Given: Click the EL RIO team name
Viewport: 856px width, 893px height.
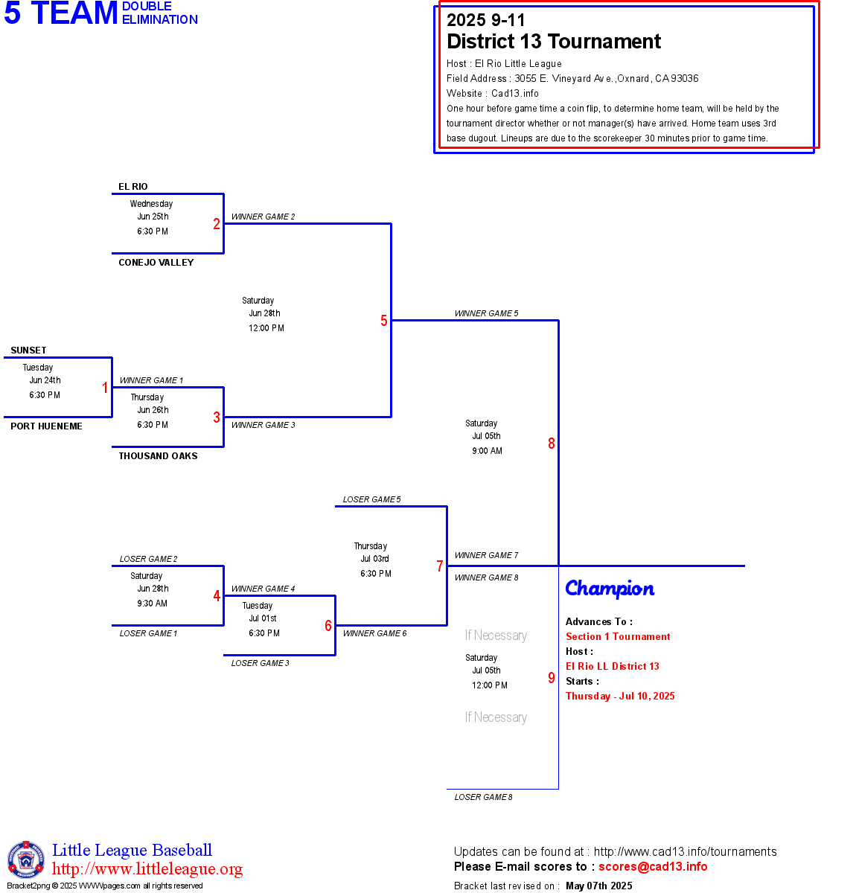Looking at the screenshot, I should click(133, 187).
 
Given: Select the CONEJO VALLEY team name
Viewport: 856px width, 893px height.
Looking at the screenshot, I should click(156, 263).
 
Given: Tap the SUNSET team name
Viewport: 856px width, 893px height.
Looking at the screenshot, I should click(28, 351).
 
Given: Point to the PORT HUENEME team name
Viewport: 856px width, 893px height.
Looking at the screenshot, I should click(46, 426).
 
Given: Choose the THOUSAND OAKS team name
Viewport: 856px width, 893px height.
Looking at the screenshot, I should click(158, 456).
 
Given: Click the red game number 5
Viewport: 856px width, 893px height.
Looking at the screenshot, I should click(384, 321).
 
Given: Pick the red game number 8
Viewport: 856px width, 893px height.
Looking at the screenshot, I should click(552, 444).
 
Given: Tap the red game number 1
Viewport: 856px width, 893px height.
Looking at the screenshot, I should click(105, 388).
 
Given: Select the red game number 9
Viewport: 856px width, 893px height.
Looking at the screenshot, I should click(552, 678).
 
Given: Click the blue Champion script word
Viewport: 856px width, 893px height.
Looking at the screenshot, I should click(610, 589).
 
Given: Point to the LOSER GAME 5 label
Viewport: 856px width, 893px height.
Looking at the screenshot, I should click(371, 499).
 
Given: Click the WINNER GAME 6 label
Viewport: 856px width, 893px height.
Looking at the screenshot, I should click(374, 633).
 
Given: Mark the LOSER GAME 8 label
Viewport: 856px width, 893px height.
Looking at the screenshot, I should click(483, 797).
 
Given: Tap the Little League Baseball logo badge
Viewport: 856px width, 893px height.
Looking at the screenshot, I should click(26, 860).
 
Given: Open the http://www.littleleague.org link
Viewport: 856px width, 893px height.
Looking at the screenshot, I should click(147, 869).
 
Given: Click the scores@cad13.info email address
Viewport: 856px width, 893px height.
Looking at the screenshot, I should click(653, 866).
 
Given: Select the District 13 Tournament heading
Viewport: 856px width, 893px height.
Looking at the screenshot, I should click(554, 42).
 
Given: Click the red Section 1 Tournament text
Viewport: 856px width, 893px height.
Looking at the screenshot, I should click(618, 636).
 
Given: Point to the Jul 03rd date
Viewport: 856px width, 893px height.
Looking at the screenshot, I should click(375, 559).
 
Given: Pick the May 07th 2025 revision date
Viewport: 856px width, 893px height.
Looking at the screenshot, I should click(598, 886).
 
